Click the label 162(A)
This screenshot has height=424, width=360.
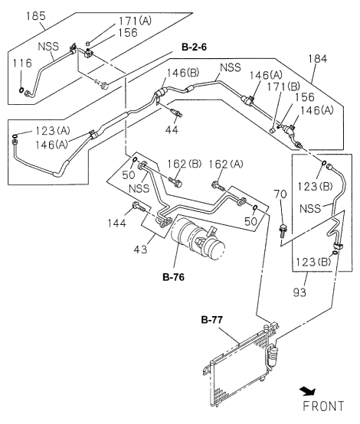pyautogui.click(x=227, y=164)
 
